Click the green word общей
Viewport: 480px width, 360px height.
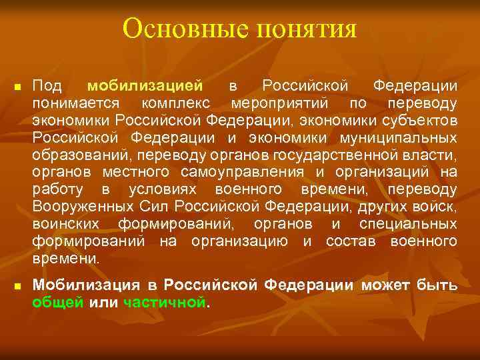[59, 303]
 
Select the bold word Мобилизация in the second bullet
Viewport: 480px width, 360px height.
[87, 285]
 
